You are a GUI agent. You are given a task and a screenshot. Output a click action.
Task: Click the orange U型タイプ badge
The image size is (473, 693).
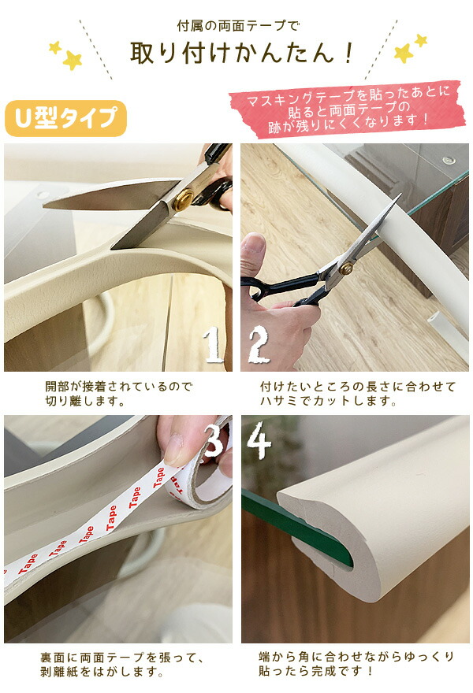coord(65,118)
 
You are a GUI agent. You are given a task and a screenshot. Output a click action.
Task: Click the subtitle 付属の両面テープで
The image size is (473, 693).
coord(238,26)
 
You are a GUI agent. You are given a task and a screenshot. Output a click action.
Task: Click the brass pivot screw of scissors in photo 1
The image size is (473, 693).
coord(183,200)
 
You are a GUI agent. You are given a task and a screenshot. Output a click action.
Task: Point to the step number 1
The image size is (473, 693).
coord(214,344)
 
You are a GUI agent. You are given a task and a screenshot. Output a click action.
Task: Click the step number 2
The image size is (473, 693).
coord(259,345)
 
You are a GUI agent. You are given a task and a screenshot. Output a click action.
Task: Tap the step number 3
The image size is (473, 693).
coord(214,440)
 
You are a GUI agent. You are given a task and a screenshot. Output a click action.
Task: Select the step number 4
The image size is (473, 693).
coord(259,439)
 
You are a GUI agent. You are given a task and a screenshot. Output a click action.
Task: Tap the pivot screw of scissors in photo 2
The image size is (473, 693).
coord(345,268)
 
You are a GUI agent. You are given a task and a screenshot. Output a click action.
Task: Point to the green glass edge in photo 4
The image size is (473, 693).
coord(297,528)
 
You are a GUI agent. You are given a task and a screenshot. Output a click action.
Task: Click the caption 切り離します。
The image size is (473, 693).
coord(85,402)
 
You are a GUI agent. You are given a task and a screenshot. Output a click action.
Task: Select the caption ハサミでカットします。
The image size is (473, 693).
coord(328,402)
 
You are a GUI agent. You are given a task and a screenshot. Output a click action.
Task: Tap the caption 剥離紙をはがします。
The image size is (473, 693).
coord(102,673)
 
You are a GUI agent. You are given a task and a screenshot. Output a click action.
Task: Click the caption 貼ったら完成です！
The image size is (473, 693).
coord(316,671)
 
